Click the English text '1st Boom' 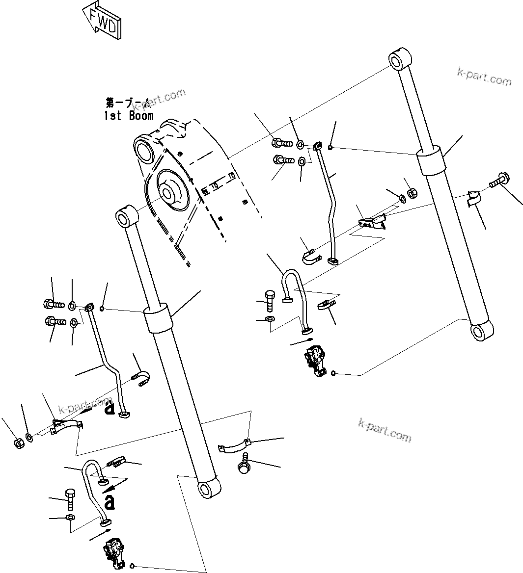point(129,116)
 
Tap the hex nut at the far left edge point(19,443)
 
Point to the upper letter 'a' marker point(109,407)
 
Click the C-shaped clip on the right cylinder point(473,199)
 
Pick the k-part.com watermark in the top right point(484,77)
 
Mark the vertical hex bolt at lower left point(69,497)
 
